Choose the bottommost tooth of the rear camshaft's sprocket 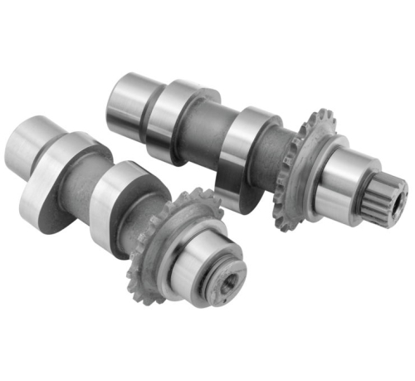tap(282, 228)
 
